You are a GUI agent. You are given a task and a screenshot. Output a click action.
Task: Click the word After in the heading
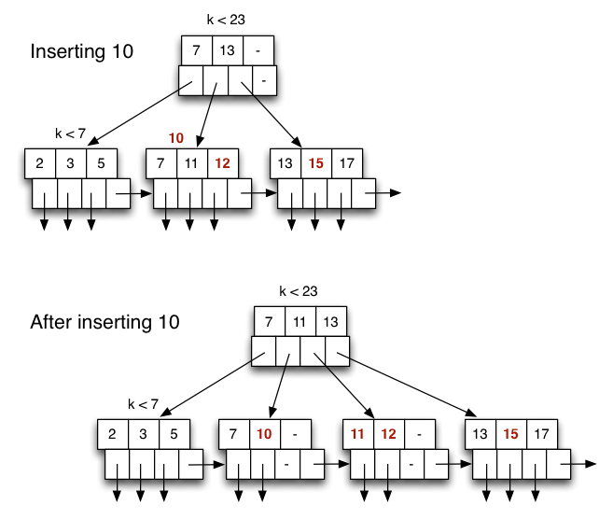52,322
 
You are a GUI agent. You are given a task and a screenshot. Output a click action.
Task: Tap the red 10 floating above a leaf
176,138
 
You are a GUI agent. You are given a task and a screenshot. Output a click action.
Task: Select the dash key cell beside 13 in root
256,49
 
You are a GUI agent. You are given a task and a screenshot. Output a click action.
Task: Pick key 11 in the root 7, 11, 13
300,322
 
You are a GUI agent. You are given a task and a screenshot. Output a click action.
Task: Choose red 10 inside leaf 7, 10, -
264,434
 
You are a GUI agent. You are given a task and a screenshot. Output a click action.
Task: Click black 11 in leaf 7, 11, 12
191,163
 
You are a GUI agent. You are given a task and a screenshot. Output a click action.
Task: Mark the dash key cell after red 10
295,434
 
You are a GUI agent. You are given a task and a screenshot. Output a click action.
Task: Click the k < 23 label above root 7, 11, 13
299,291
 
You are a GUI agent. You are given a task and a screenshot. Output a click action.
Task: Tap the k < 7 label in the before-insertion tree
70,133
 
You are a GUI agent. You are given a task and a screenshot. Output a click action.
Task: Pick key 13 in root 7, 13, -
227,49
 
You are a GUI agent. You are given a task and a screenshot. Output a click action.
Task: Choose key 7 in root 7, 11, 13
270,322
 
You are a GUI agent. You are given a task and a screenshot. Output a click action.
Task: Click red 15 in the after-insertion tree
510,434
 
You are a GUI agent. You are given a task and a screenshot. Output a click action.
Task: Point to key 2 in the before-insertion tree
40,163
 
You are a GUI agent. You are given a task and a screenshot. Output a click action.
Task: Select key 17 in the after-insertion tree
540,434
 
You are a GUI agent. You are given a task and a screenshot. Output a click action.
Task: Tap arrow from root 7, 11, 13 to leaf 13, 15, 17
411,383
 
